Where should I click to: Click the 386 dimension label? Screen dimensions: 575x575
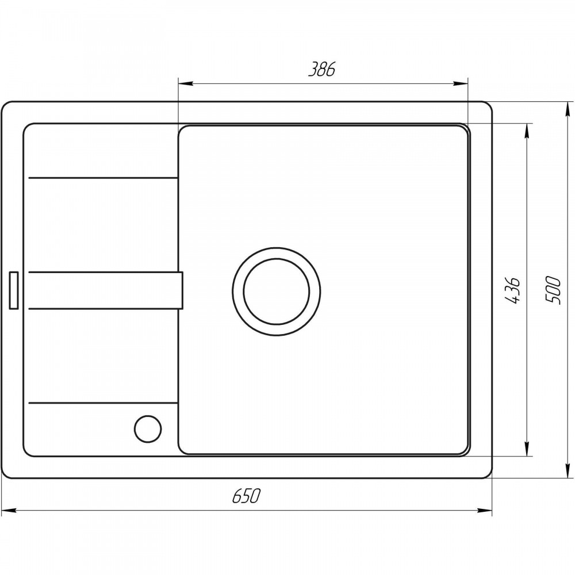pos(321,70)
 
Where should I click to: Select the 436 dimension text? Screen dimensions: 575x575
pos(513,290)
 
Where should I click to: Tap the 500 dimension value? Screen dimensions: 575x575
pos(553,290)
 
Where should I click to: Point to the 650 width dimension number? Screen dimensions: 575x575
pos(246,496)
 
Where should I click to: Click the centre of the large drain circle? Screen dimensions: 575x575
pos(277,292)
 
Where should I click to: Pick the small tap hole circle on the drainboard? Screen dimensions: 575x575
pos(148,429)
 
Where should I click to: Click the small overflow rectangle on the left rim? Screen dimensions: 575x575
pos(14,290)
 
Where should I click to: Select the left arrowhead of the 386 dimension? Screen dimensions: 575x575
pos(186,83)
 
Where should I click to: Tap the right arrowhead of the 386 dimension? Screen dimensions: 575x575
pos(461,83)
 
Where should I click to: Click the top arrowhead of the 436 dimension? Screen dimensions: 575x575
pos(527,131)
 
